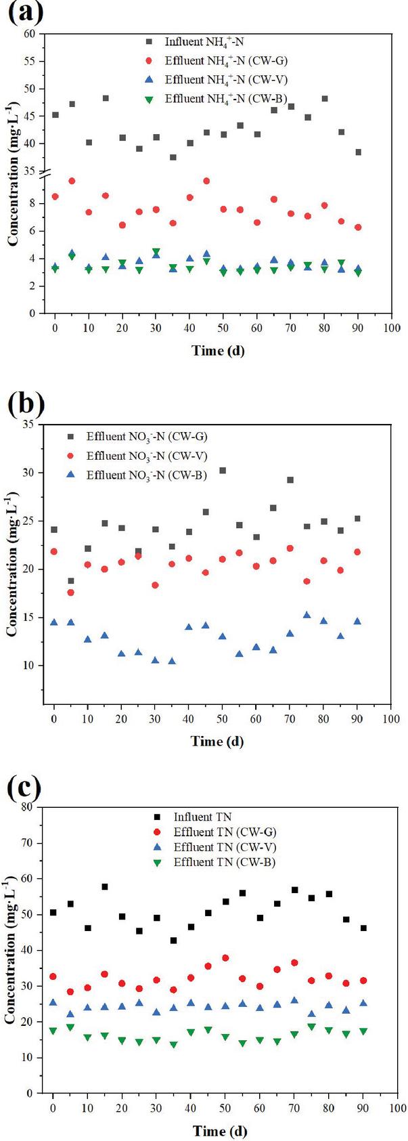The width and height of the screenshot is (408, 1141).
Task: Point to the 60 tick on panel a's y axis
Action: click(30, 34)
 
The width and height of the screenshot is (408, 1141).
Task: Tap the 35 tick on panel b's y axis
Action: click(30, 425)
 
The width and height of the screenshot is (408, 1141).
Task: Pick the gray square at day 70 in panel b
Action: click(290, 480)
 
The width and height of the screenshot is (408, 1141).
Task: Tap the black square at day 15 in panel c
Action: click(105, 887)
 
